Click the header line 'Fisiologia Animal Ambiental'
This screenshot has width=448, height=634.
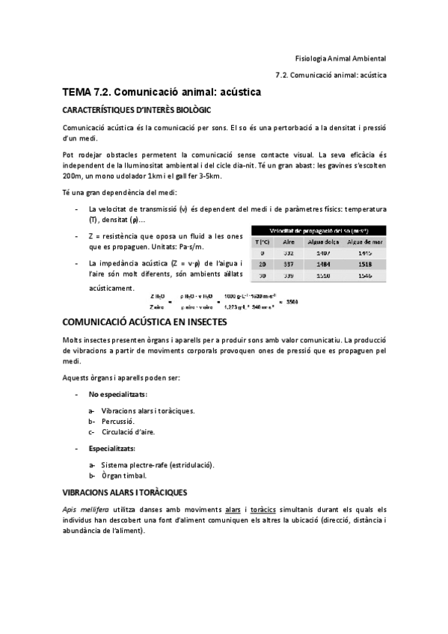pos(340,58)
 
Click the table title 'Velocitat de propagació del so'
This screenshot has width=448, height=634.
pos(319,230)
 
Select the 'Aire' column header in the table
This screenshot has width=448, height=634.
pos(289,241)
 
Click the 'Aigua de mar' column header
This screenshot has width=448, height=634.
pos(366,241)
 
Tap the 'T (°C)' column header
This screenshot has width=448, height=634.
pos(262,241)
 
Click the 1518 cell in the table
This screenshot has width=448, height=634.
pos(366,264)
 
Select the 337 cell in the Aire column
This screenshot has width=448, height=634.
pos(289,264)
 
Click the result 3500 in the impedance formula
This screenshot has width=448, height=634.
pos(292,301)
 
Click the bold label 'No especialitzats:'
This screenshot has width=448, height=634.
pos(117,393)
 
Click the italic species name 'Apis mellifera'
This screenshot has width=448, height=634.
pos(85,510)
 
